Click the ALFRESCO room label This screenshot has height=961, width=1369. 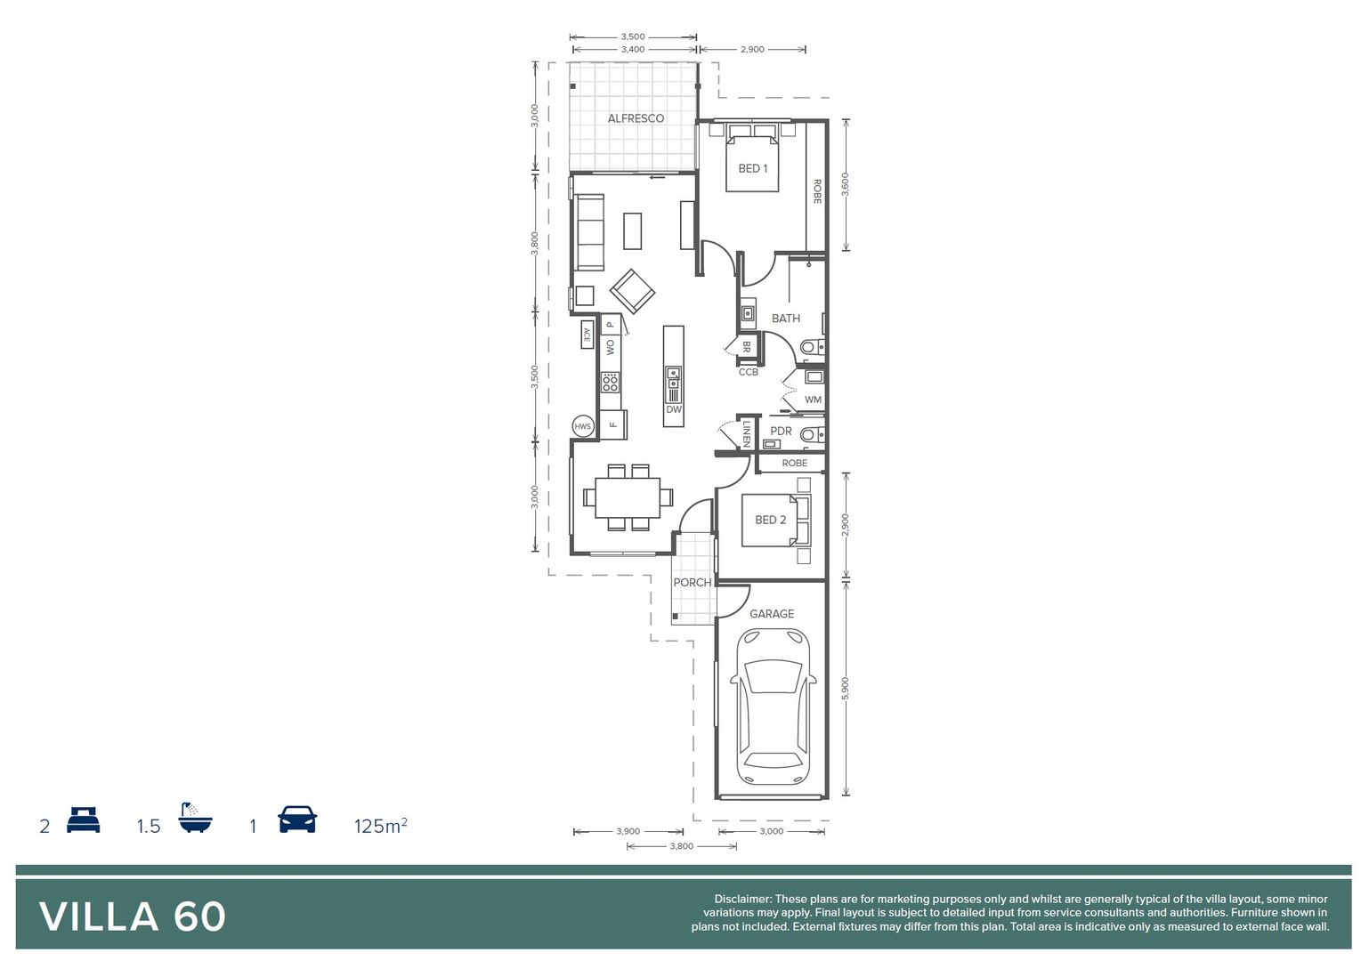636,118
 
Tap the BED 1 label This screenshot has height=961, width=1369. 752,168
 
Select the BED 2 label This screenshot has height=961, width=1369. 770,520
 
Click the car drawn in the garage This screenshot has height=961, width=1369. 773,707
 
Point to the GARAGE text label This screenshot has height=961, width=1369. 772,614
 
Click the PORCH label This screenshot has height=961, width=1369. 692,583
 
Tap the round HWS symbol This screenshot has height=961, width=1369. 582,426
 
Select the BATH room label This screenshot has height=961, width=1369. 785,319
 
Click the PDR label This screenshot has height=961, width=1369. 781,431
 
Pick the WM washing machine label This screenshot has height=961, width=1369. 813,400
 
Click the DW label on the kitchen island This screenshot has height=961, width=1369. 674,410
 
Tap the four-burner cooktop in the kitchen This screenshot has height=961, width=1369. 610,383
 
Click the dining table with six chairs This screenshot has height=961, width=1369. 628,497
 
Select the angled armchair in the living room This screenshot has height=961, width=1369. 632,291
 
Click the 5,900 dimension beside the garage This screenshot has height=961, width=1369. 845,688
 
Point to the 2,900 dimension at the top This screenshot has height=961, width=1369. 752,50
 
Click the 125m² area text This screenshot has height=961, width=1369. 380,826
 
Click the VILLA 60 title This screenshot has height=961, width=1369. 133,917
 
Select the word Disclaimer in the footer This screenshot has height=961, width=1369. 742,900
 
